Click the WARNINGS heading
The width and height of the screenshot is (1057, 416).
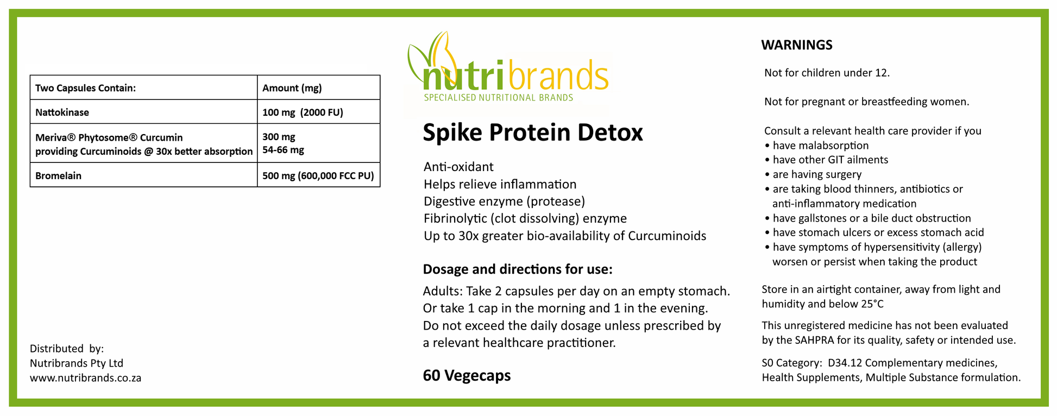[x=796, y=45]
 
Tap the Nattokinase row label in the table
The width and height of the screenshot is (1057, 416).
[x=62, y=112]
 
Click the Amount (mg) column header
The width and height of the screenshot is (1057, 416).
[x=292, y=88]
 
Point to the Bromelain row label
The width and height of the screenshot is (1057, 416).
[x=58, y=176]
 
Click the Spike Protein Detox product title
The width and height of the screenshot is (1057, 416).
[x=533, y=133]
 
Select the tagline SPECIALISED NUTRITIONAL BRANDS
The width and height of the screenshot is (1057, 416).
[x=498, y=98]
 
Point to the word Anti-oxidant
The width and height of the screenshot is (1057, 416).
[x=458, y=167]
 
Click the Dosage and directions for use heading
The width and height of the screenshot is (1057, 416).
[x=518, y=269]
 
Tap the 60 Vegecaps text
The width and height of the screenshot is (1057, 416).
[x=467, y=376]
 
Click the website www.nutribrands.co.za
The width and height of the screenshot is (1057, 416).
[x=85, y=378]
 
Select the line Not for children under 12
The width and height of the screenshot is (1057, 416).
[x=827, y=73]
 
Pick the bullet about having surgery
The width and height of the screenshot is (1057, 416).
[x=813, y=174]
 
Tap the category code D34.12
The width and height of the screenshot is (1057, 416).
[x=845, y=363]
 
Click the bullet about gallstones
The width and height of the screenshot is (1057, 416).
[x=867, y=218]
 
